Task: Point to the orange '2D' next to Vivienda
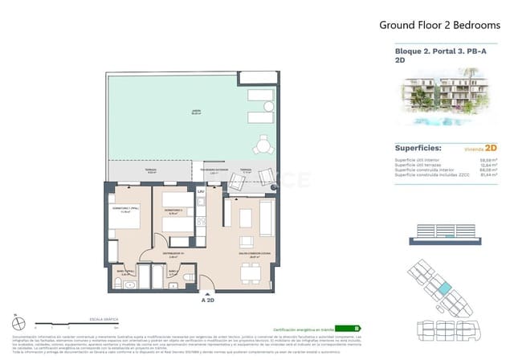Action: pos(491,149)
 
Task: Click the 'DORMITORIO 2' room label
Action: pos(172,211)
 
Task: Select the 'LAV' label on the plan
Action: pos(203,193)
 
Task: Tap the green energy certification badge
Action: pos(347,329)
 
